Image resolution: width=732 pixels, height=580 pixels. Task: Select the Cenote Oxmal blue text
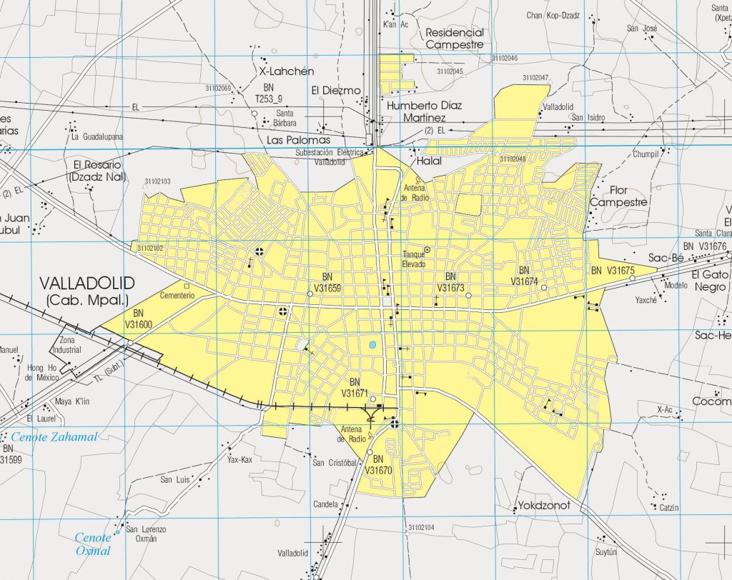94,544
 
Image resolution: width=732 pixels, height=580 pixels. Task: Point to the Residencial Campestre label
455,39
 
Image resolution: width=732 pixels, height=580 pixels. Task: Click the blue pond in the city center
372,345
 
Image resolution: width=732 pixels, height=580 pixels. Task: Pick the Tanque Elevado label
413,259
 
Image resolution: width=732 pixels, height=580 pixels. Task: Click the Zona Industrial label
71,345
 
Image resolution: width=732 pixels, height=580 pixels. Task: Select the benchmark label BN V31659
327,283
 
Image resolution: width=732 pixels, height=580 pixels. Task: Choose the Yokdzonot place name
540,506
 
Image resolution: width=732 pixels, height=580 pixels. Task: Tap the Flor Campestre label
618,196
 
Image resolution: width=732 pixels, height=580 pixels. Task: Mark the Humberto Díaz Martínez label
424,111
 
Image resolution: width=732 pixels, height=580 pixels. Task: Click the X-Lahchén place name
287,71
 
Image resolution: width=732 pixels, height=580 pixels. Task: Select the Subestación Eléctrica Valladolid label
330,157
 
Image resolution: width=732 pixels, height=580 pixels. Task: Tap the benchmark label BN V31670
379,464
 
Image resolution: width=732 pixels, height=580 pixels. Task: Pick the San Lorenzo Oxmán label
146,534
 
